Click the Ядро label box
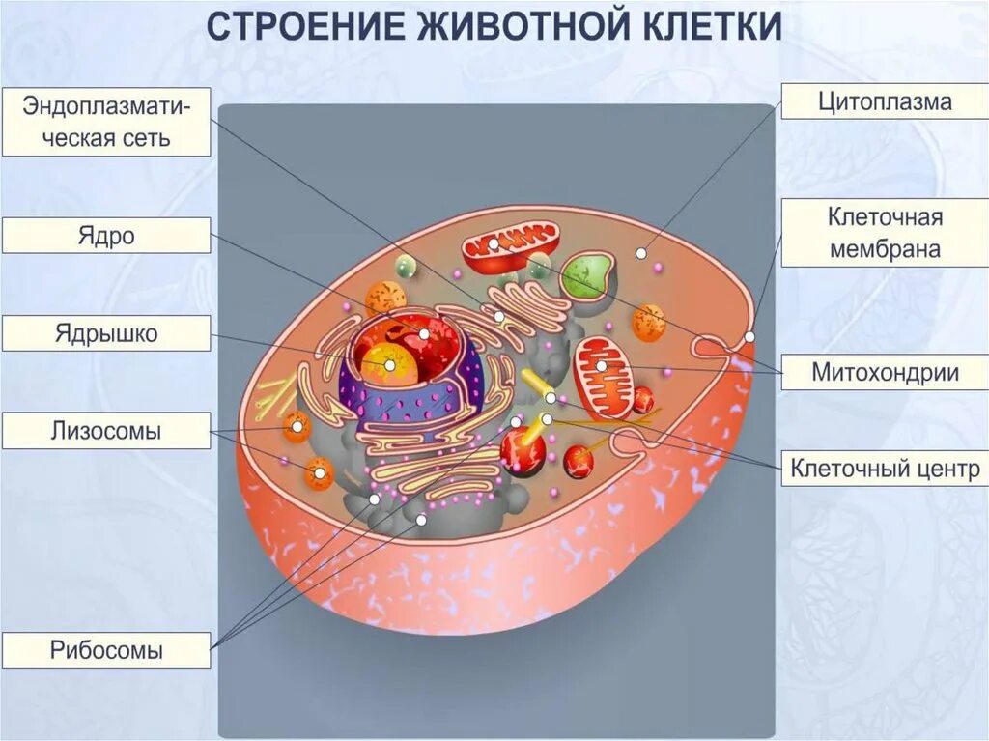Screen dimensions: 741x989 point(106,236)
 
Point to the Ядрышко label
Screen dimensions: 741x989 point(106,333)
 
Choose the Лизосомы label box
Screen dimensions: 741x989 point(106,431)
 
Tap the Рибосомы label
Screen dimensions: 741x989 point(106,650)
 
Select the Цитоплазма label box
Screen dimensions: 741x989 point(885,101)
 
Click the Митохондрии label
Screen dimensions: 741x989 point(885,372)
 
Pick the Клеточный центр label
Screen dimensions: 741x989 point(885,470)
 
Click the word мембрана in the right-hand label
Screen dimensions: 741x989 point(885,249)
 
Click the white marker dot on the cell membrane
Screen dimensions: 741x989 point(749,337)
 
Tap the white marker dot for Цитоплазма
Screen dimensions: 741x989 point(639,252)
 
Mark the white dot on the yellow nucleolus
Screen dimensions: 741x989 point(390,366)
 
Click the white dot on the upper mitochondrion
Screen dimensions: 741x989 point(494,244)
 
